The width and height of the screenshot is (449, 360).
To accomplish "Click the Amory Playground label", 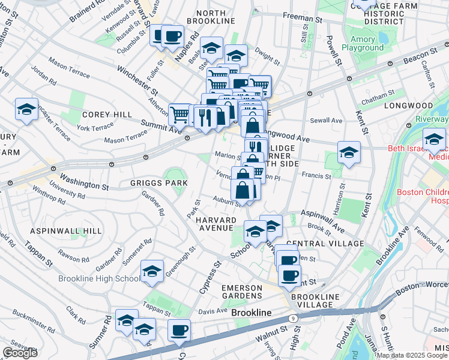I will pos(363,43).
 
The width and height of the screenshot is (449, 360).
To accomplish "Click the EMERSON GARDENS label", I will pos(242,292).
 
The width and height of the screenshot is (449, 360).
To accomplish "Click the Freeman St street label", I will pos(303,19).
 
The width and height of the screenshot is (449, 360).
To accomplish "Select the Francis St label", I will pos(316,176).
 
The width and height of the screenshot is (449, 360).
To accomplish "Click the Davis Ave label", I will pos(212,311).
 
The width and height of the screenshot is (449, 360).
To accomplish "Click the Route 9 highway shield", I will pos(292,319).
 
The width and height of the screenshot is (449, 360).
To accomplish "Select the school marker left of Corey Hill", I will pos(26,109).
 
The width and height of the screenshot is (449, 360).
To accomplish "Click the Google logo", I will pos(20,353).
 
